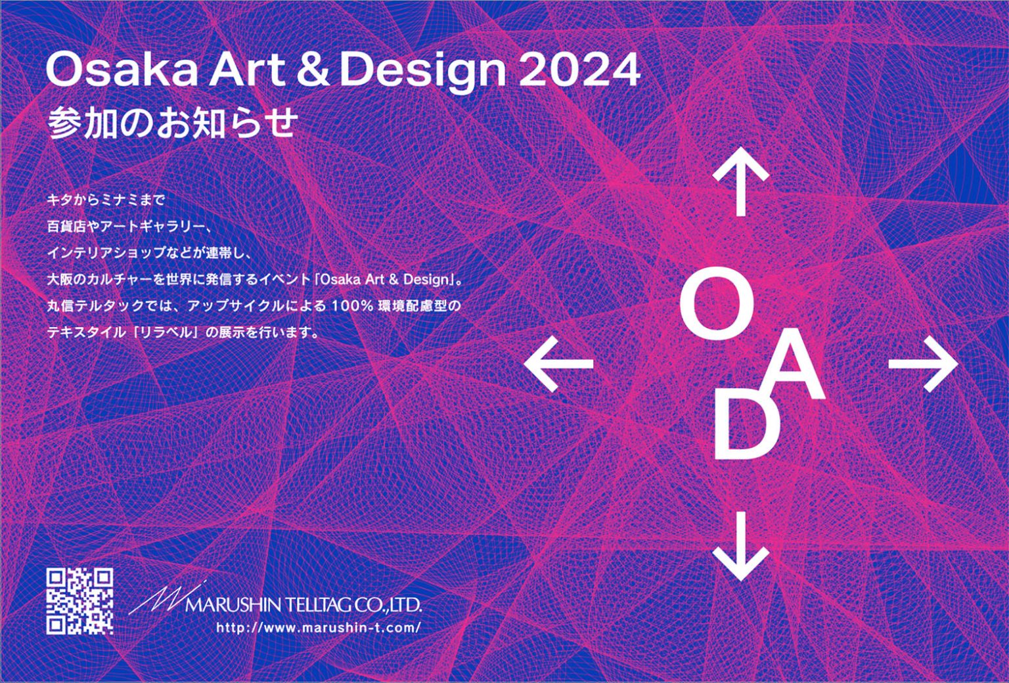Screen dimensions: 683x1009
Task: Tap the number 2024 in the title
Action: [579, 70]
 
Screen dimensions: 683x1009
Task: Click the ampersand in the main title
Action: [312, 70]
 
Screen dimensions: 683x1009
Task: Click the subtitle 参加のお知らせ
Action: [173, 123]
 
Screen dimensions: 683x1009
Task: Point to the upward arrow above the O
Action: [740, 181]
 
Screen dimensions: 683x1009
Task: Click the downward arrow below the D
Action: [740, 546]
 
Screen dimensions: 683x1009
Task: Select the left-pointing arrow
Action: [559, 364]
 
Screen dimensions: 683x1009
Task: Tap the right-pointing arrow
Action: [923, 364]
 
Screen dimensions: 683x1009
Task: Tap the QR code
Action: [79, 601]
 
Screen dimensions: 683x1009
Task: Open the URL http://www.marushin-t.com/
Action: [319, 628]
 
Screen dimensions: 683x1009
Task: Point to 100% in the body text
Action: [352, 306]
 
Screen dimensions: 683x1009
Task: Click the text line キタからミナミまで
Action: [106, 200]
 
